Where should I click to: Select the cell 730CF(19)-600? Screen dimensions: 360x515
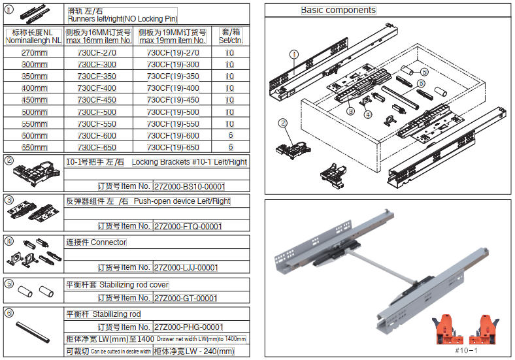(x=173, y=135)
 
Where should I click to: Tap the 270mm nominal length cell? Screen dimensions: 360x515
(x=33, y=53)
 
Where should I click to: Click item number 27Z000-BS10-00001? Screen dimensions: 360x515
(x=188, y=186)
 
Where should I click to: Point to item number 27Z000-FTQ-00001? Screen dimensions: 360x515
(x=188, y=226)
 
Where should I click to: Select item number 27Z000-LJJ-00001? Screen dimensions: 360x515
(x=186, y=267)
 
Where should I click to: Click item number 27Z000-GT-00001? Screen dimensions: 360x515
(x=185, y=298)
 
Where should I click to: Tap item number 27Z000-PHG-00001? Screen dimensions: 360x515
(x=188, y=327)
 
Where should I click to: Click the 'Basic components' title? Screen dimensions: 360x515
(x=338, y=10)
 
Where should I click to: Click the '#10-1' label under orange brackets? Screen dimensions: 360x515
(x=463, y=350)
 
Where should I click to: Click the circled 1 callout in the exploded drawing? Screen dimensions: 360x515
(x=295, y=56)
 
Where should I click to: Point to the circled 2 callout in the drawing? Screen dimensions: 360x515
(x=283, y=122)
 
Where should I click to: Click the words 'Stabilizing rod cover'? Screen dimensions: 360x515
(x=134, y=285)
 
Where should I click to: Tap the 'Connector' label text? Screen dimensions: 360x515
(x=108, y=242)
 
